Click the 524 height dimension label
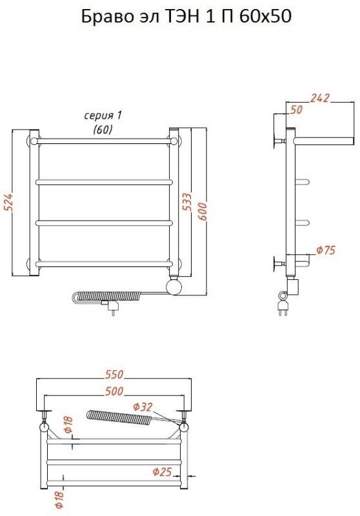coord(8,202)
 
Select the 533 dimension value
coord(186,202)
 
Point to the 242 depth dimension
coord(319,98)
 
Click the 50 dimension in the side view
coord(296,110)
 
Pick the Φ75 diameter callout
coord(326,250)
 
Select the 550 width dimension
coord(114,375)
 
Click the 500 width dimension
coord(114,391)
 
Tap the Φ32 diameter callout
coord(143,407)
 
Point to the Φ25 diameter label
coord(162,472)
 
